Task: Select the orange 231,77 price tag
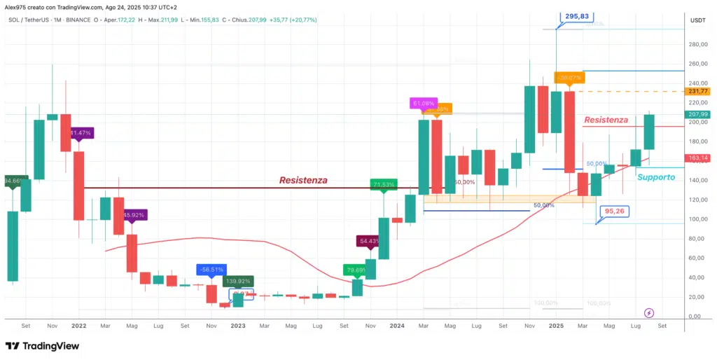[698, 91]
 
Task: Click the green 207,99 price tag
[698, 114]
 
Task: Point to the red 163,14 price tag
[698, 158]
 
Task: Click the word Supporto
[656, 177]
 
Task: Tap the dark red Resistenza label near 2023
[303, 180]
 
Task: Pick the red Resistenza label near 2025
[606, 120]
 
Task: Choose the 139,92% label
[237, 282]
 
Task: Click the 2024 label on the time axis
[397, 326]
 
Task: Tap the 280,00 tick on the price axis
[694, 44]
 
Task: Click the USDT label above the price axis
[697, 20]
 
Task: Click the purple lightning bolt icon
[649, 312]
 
